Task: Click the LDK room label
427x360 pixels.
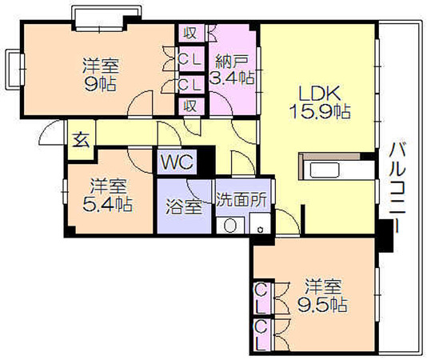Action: click(319, 93)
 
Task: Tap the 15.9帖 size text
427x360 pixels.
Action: click(319, 112)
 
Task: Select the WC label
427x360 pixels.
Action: click(178, 162)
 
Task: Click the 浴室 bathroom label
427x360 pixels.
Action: click(184, 206)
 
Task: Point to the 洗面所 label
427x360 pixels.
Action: click(241, 200)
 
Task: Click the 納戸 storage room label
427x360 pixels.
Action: click(232, 62)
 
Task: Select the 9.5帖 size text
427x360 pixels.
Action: click(322, 305)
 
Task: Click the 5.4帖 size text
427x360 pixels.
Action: click(108, 204)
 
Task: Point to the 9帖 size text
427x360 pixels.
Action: click(101, 84)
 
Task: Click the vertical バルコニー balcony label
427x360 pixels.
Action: click(398, 187)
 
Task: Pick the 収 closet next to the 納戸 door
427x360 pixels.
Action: click(190, 106)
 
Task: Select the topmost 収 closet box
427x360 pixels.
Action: click(190, 33)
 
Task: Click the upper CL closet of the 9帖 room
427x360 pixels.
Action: click(190, 59)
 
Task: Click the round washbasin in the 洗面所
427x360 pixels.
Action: click(230, 226)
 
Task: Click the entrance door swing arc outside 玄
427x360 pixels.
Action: click(50, 132)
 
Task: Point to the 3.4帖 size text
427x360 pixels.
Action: click(232, 78)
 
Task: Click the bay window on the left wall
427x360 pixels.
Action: click(14, 69)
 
